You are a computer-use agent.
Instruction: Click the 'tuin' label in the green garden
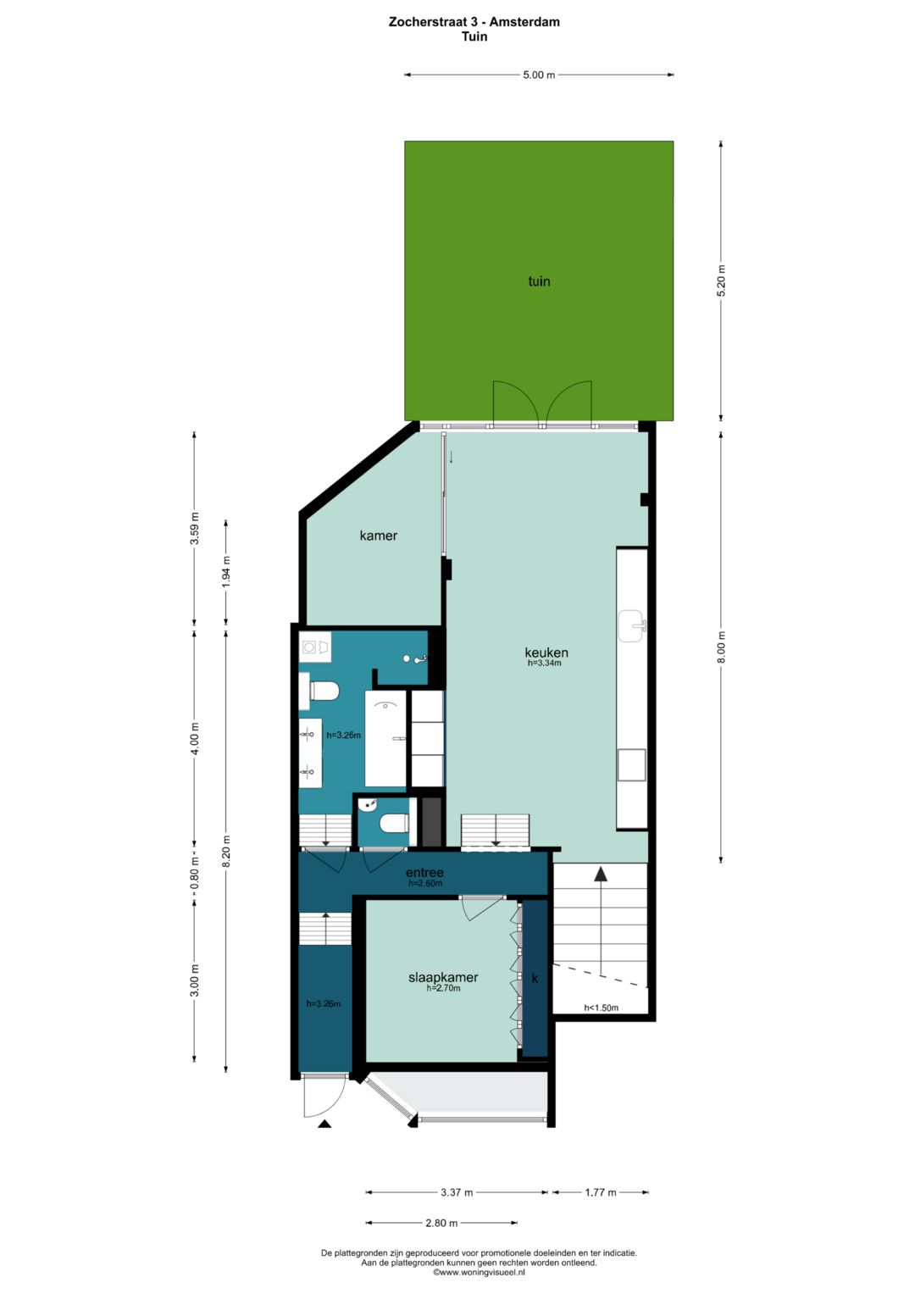(x=539, y=281)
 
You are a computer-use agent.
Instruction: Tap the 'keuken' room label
(x=546, y=653)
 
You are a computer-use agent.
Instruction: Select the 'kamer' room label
(x=379, y=536)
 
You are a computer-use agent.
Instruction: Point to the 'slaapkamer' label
(x=443, y=977)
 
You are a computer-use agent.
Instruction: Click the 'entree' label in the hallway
(x=424, y=872)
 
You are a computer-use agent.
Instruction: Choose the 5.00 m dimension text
(x=539, y=75)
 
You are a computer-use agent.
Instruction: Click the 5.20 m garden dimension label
(x=720, y=280)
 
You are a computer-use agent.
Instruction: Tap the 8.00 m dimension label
(x=720, y=649)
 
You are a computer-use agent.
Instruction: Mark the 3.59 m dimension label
(x=195, y=528)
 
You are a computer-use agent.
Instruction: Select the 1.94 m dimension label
(x=226, y=572)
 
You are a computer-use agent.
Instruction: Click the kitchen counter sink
(x=633, y=625)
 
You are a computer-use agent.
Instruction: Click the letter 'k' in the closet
(x=535, y=978)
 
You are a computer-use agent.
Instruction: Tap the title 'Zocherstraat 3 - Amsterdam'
(x=474, y=22)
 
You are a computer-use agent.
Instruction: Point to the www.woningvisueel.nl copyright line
(x=479, y=1272)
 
